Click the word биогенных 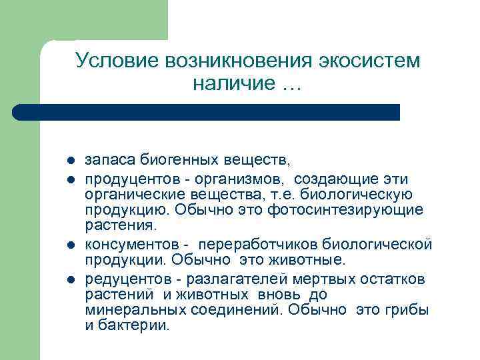pyautogui.click(x=173, y=161)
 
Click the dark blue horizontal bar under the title pyautogui.click(x=207, y=112)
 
